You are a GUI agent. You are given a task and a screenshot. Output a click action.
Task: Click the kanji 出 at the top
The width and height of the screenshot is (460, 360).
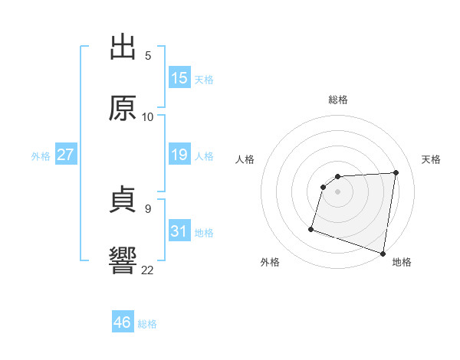coord(123,47)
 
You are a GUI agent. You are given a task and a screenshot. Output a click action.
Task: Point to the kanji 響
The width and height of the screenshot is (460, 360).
coord(123,260)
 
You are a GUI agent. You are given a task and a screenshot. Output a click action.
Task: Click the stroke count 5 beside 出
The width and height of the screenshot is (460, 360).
coord(148,56)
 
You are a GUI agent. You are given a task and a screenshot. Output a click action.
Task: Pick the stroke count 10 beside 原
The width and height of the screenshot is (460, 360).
coord(148,116)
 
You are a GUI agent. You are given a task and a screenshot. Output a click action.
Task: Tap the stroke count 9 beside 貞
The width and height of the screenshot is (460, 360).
coord(148,208)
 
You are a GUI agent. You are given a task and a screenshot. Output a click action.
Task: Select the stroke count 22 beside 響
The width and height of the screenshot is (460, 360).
coord(148,269)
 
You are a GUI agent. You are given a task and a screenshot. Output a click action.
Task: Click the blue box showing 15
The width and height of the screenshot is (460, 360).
coord(179,78)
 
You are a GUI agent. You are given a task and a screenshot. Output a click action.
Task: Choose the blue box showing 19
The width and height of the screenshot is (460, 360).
coord(179,155)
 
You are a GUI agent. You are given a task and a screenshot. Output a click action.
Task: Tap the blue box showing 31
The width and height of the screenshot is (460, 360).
coord(179,231)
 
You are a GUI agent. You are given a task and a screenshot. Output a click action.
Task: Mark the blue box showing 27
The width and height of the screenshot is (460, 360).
coord(65,155)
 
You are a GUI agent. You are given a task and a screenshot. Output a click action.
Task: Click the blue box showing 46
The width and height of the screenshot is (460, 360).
coord(123,322)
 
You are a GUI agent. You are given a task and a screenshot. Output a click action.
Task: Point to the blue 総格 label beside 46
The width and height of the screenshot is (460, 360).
coord(148,324)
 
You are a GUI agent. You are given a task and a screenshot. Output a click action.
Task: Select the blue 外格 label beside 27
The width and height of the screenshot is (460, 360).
coord(41,156)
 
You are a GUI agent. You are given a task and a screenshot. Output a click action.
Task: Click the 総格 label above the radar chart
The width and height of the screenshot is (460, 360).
coord(338,100)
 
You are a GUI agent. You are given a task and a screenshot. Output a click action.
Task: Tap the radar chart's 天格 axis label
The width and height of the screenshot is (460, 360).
coord(432,159)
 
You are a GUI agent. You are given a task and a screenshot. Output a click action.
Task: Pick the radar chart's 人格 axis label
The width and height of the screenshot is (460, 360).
coord(245,159)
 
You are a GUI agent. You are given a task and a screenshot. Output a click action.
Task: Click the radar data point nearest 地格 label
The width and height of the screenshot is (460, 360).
coord(383,253)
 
